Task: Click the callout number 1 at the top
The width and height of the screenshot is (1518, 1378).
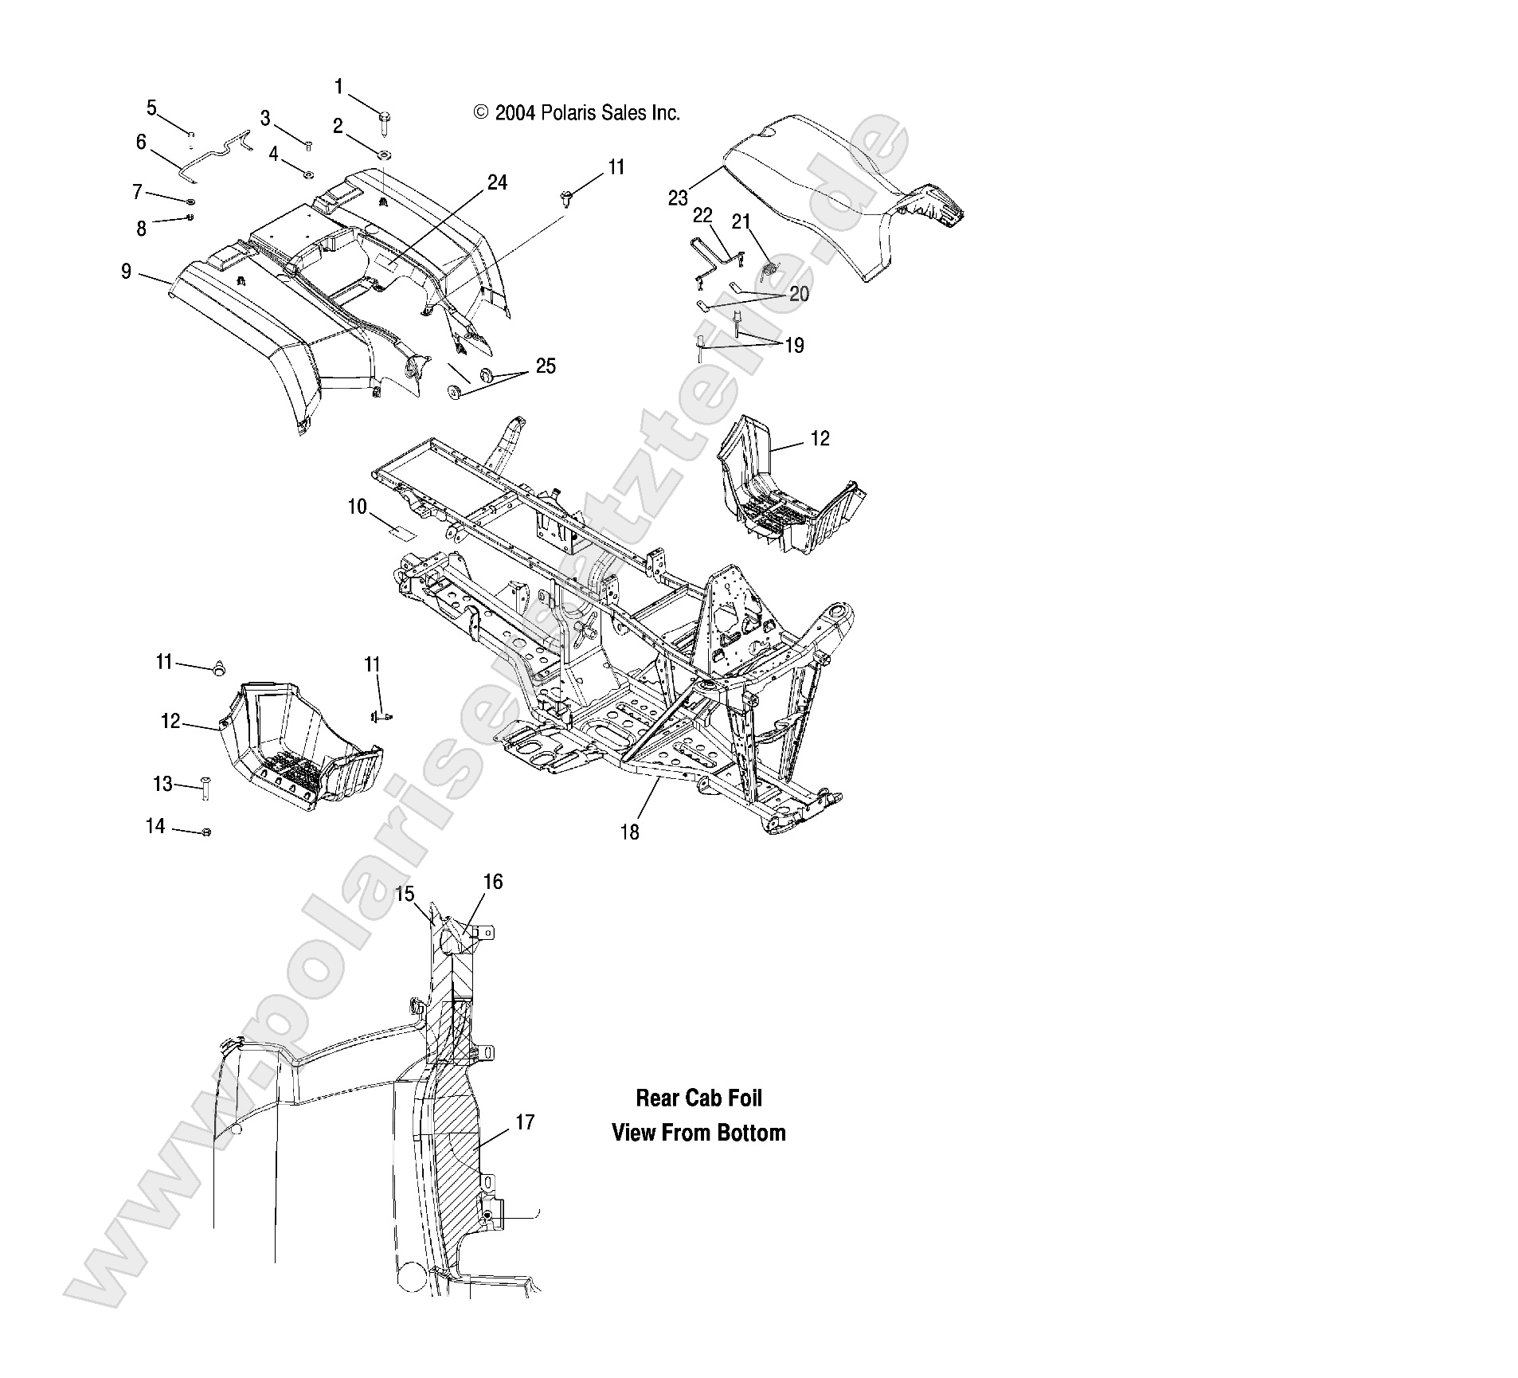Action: (339, 87)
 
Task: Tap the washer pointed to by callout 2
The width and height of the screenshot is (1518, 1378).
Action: (385, 154)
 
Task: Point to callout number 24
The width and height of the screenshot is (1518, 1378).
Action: (497, 183)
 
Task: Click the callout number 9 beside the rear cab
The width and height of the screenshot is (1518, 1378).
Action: (126, 272)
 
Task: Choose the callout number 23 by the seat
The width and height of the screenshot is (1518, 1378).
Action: (678, 198)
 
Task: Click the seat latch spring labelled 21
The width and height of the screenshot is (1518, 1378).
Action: (769, 271)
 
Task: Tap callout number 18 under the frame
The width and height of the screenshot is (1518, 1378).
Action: (629, 832)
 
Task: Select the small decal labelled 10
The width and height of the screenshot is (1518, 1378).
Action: (402, 532)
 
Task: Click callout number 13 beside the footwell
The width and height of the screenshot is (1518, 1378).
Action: (162, 785)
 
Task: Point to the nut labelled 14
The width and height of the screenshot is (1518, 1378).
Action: (206, 832)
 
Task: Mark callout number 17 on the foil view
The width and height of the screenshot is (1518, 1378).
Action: (525, 1123)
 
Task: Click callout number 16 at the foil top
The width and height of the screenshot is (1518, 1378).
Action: (493, 882)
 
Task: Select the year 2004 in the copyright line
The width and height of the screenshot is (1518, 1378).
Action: (514, 114)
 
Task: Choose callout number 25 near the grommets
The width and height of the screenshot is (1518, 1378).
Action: (546, 366)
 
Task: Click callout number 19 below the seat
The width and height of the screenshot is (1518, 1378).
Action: (794, 346)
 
